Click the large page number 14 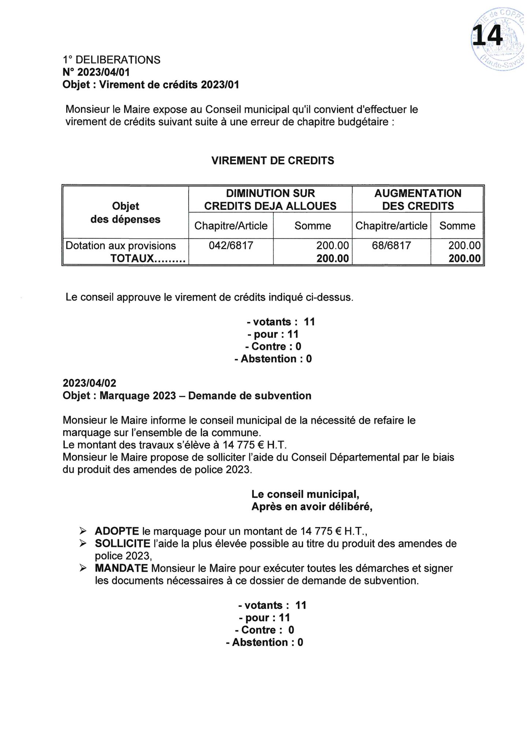point(488,36)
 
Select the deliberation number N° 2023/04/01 point(96,72)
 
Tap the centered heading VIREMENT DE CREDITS point(273,160)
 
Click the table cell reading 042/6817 point(231,245)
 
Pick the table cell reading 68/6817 point(391,245)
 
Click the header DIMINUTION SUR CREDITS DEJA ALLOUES point(270,200)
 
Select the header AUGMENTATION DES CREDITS point(418,200)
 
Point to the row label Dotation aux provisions point(121,246)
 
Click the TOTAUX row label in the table point(148,259)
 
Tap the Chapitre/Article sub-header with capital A point(231,226)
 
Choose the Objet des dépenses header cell point(126,213)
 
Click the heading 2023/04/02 point(89,383)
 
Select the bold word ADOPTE point(117,531)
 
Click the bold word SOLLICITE point(123,543)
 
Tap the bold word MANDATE point(121,568)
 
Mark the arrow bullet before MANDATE point(83,568)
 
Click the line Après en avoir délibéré point(312,507)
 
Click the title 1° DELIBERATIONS point(112,60)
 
